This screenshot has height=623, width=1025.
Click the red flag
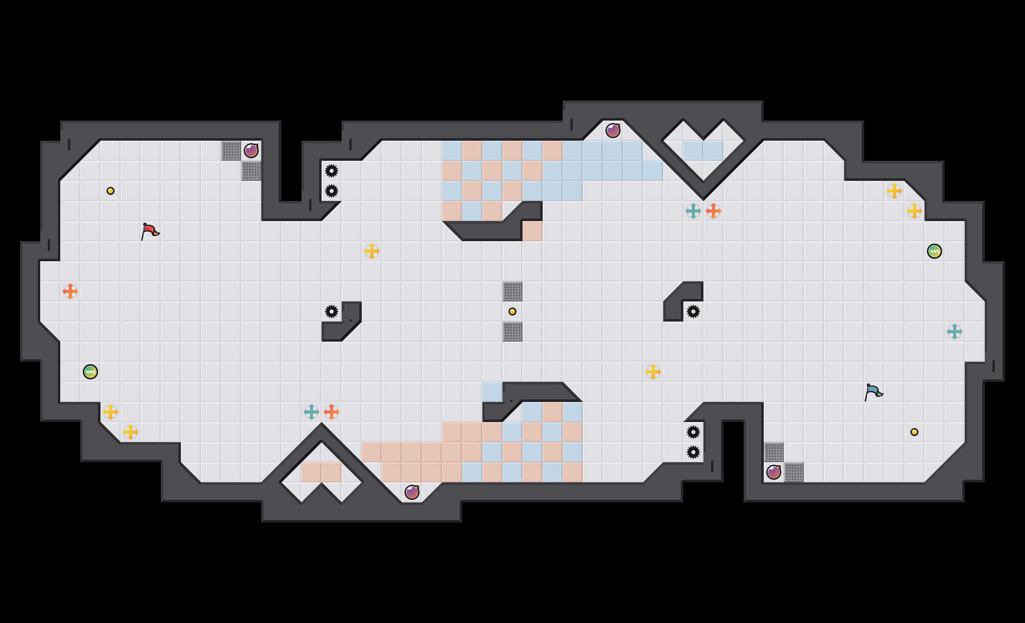click(149, 232)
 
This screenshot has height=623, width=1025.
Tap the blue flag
click(873, 392)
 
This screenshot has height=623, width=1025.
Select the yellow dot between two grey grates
click(512, 311)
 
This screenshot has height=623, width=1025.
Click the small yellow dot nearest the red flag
click(111, 191)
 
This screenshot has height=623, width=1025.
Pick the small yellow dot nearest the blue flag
click(914, 432)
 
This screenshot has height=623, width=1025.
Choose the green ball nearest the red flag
click(90, 372)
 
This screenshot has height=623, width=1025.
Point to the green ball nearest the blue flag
click(935, 251)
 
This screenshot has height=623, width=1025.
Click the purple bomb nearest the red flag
click(251, 151)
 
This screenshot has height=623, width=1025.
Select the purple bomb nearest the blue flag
click(774, 472)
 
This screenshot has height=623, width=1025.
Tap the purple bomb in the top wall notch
click(613, 131)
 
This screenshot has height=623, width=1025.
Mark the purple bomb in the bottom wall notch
click(412, 492)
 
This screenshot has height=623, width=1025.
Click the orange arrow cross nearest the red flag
click(70, 291)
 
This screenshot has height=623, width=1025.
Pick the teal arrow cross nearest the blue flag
click(955, 332)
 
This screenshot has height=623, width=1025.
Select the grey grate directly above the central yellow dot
click(512, 291)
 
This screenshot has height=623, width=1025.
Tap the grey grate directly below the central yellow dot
click(512, 332)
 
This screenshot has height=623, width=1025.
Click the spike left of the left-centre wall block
click(332, 311)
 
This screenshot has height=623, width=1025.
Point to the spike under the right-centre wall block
click(693, 311)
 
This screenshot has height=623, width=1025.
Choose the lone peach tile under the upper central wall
click(533, 231)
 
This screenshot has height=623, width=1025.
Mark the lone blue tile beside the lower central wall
click(492, 392)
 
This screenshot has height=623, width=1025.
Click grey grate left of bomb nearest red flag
click(231, 151)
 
